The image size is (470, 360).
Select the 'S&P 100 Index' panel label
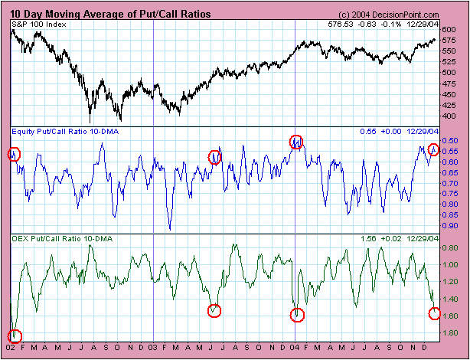(x=38, y=25)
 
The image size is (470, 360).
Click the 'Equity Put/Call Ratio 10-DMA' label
(x=59, y=132)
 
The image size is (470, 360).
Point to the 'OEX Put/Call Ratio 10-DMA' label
(x=56, y=240)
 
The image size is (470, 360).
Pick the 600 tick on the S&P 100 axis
(x=449, y=30)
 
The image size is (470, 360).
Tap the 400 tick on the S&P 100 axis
(x=449, y=116)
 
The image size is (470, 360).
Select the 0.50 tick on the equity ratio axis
(x=449, y=141)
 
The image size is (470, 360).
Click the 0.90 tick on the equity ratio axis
(x=449, y=226)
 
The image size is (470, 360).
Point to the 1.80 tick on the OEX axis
(x=449, y=333)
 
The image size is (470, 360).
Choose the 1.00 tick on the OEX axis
(x=449, y=265)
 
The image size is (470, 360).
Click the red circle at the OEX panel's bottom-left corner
(x=15, y=335)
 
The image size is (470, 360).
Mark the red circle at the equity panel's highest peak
(x=296, y=141)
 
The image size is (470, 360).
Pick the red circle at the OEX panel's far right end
(x=435, y=313)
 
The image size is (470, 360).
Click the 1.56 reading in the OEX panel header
(x=368, y=240)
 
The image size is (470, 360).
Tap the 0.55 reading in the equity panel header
(x=368, y=132)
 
